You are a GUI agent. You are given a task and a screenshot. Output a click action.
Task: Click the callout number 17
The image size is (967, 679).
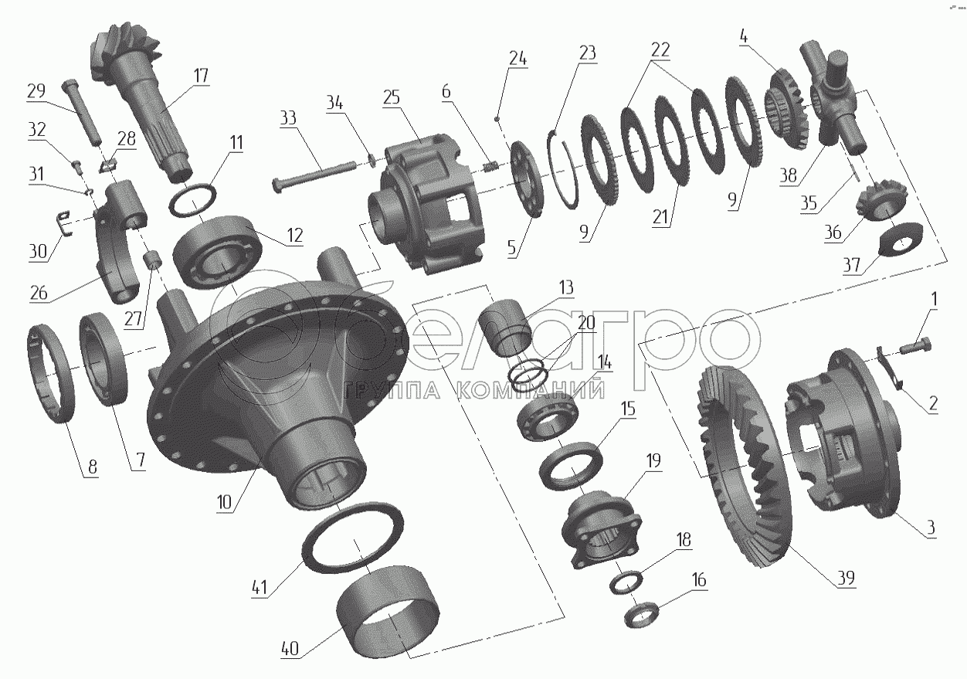coord(201,76)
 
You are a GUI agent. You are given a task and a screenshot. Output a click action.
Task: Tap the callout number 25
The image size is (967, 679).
coord(392,98)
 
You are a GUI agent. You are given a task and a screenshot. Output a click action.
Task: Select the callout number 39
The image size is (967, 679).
coord(846,578)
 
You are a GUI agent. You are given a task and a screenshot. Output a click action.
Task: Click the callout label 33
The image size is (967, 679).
coord(288,117)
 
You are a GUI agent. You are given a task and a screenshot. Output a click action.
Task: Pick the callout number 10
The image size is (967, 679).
coord(225,502)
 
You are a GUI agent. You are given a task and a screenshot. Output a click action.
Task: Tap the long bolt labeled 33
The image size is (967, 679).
coord(314,177)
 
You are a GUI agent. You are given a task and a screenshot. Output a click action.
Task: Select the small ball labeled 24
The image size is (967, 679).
coord(497,117)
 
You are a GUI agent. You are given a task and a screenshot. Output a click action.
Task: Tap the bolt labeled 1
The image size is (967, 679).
coord(916,346)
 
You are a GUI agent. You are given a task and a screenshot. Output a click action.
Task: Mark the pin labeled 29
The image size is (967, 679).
coord(83,111)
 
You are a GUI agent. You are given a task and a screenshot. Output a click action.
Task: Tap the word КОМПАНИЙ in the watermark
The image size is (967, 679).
coord(530,391)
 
